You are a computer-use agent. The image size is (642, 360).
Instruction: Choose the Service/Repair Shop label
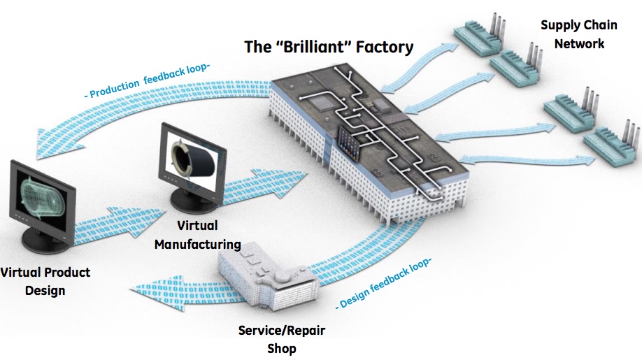point(282,339)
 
